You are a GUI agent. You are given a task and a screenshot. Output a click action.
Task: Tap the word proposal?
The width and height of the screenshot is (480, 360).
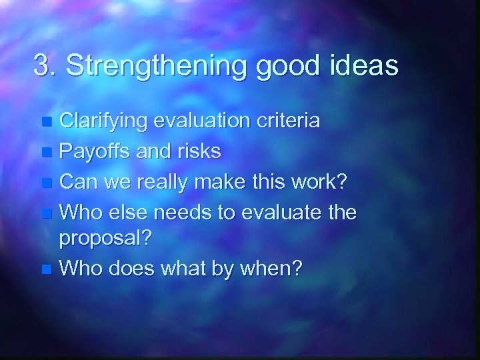[105, 239]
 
